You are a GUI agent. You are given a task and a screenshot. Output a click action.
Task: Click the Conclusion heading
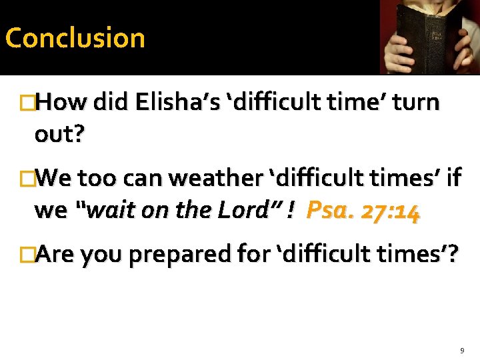click(75, 38)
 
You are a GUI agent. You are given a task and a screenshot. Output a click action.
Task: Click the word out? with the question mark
click(59, 135)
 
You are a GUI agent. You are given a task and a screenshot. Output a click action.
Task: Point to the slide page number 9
click(461, 350)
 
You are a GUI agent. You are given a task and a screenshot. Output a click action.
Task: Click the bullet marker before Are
click(27, 254)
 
